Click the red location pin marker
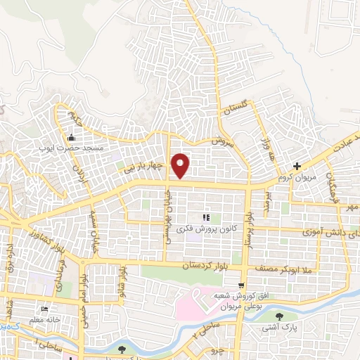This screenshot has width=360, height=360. click(181, 165)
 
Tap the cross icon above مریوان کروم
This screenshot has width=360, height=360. click(297, 167)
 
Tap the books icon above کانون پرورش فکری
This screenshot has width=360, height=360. click(207, 217)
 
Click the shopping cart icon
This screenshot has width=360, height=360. click(241, 285)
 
